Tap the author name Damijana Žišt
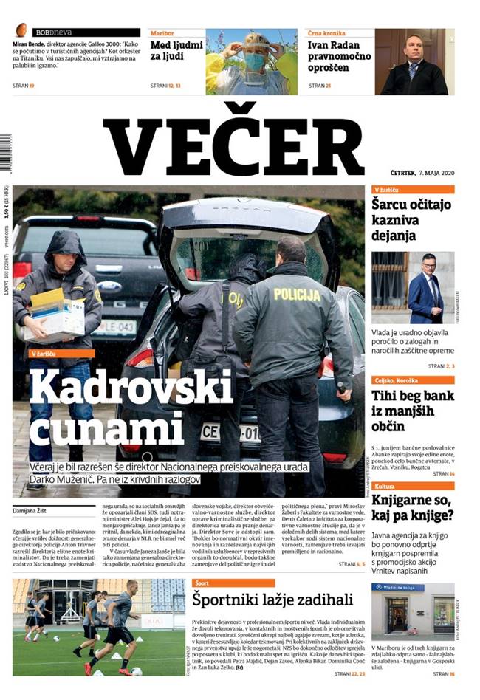click(x=34, y=510)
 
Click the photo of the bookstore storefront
click(x=412, y=612)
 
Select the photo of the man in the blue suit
click(x=412, y=288)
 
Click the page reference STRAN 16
click(x=443, y=673)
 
